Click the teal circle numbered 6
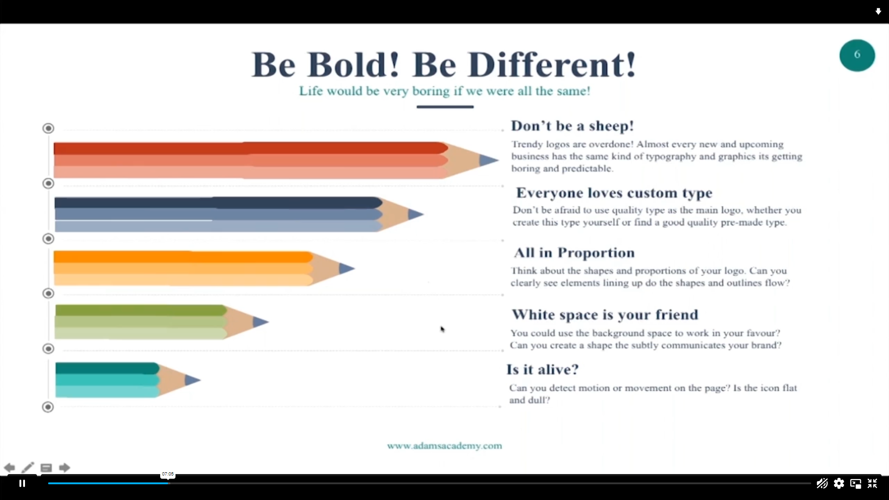coord(857,55)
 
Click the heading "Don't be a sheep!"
coord(572,126)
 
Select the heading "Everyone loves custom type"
coord(614,193)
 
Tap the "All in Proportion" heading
coord(574,253)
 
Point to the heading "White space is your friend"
coord(605,315)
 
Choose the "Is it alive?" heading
coord(542,369)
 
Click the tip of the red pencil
coord(498,160)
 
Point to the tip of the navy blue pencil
coord(423,214)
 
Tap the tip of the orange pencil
coord(354,268)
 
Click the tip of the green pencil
coord(268,322)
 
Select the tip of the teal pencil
coord(200,380)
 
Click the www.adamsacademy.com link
coord(444,446)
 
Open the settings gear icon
coord(839,483)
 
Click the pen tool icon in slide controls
coord(28,468)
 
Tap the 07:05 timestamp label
coord(168,474)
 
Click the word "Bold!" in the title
coord(353,65)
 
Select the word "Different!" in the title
coord(552,65)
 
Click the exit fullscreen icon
coord(872,483)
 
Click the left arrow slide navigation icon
coord(9,468)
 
